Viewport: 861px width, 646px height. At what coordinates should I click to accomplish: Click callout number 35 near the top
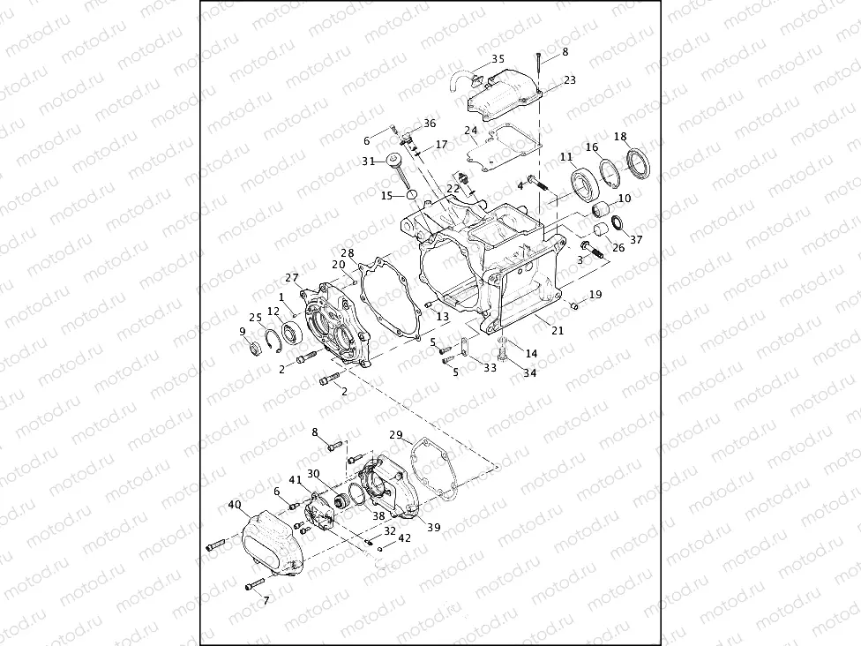498,59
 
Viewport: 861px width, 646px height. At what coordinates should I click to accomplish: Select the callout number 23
569,79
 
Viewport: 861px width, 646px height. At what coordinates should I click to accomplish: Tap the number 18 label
620,136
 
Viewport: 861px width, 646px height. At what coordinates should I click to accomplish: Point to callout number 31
368,161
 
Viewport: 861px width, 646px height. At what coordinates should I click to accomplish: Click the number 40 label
234,505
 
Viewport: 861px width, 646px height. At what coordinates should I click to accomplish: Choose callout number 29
396,435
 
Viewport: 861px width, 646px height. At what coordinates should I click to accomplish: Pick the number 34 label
529,373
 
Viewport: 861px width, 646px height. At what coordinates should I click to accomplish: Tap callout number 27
292,277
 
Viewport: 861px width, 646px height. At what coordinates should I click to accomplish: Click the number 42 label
404,537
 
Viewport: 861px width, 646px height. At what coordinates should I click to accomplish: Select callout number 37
636,239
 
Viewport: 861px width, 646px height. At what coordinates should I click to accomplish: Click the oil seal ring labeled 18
637,162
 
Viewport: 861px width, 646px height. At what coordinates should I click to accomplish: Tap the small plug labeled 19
573,304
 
